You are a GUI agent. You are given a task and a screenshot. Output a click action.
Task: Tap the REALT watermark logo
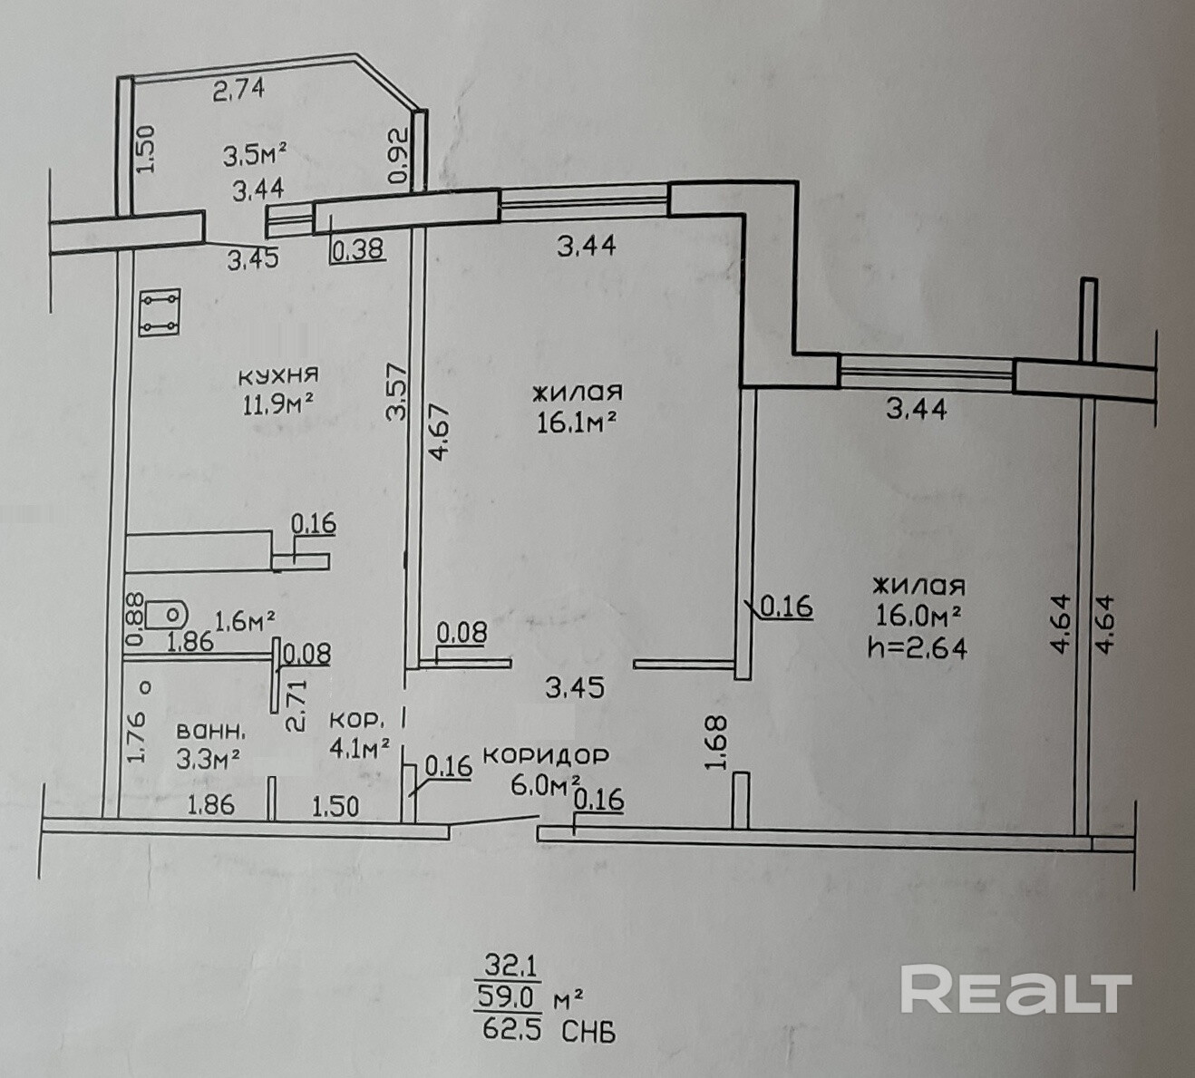click(x=1015, y=990)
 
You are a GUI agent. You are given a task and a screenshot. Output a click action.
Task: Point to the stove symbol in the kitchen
click(x=160, y=313)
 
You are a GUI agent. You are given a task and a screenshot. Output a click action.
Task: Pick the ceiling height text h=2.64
click(x=918, y=647)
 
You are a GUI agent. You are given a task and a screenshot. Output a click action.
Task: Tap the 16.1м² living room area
click(x=578, y=422)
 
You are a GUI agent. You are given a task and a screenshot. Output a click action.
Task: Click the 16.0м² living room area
click(x=918, y=617)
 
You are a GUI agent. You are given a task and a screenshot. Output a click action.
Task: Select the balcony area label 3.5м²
click(x=256, y=157)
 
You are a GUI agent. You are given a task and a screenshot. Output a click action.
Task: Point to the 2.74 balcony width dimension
click(x=238, y=90)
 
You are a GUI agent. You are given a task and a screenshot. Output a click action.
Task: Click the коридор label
click(x=546, y=755)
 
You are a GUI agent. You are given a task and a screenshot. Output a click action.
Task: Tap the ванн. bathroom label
click(x=209, y=730)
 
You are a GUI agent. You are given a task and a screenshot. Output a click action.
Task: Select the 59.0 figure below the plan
click(x=508, y=999)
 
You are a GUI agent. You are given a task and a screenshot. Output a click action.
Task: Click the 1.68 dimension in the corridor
click(x=716, y=743)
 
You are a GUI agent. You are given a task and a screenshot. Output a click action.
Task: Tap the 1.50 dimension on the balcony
click(x=148, y=149)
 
